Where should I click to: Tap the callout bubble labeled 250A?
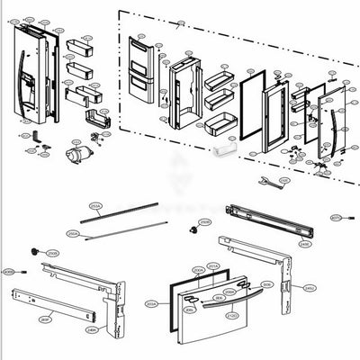74,233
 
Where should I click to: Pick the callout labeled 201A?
213,265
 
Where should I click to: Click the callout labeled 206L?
189,309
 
